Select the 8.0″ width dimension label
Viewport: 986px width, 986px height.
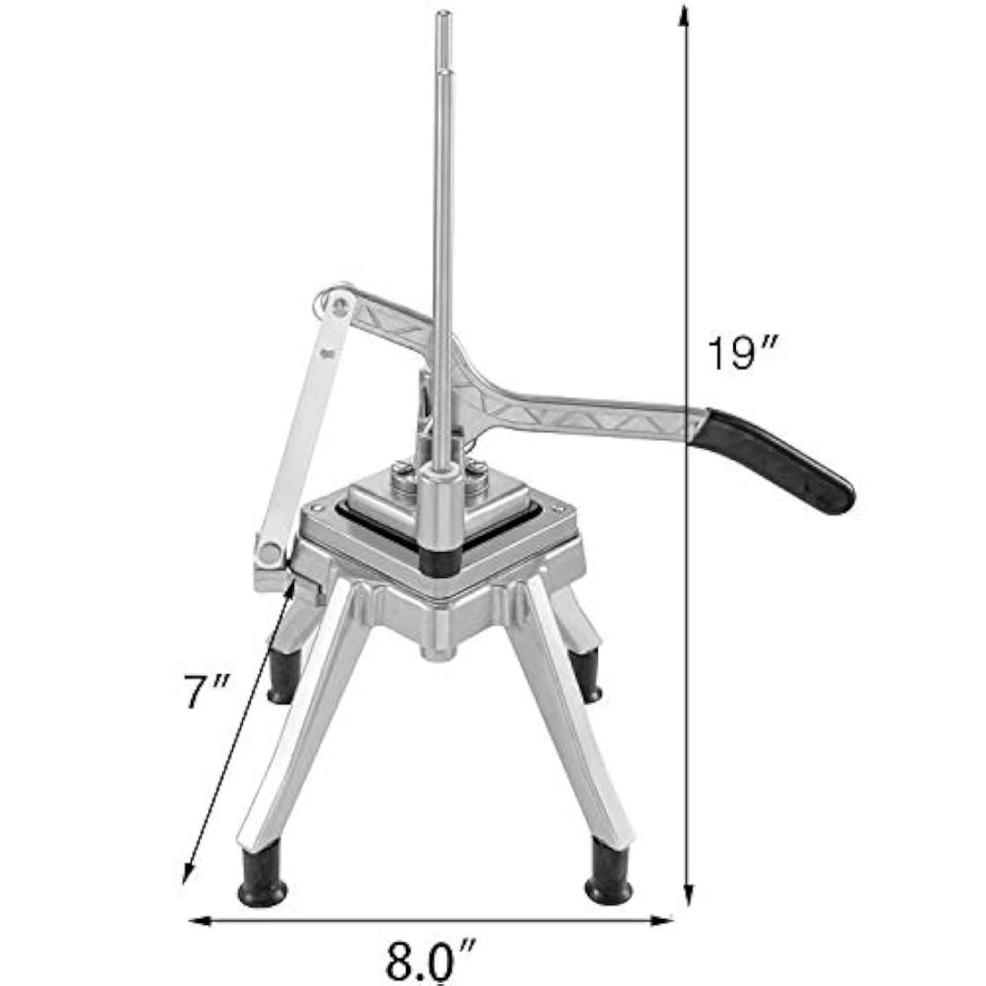[430, 959]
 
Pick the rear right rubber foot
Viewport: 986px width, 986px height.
[586, 675]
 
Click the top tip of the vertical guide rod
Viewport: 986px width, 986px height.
[444, 13]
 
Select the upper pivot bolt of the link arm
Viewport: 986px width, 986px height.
[341, 307]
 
